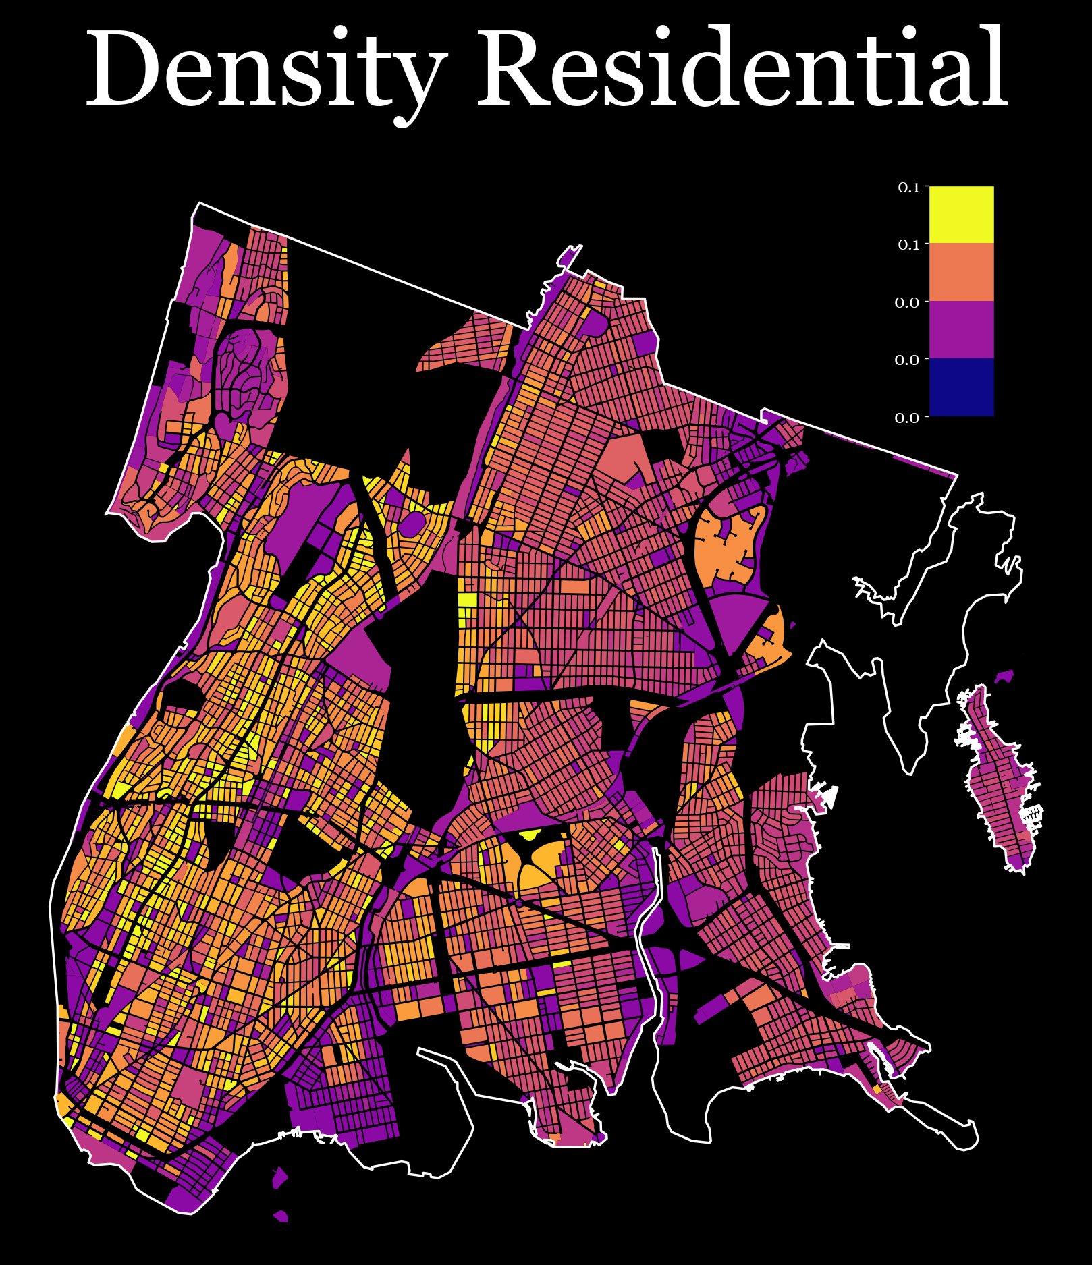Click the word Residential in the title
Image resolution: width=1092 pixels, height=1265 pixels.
pos(742,67)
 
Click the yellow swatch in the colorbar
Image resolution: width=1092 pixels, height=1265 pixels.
pos(961,214)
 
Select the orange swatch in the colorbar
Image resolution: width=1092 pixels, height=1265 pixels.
pos(961,272)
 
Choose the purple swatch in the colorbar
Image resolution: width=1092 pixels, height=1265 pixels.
pos(961,329)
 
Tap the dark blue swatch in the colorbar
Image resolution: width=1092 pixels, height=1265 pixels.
pos(961,387)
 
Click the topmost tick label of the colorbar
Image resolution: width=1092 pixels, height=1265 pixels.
pos(908,188)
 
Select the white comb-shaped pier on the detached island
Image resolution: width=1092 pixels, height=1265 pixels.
pos(1033,816)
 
